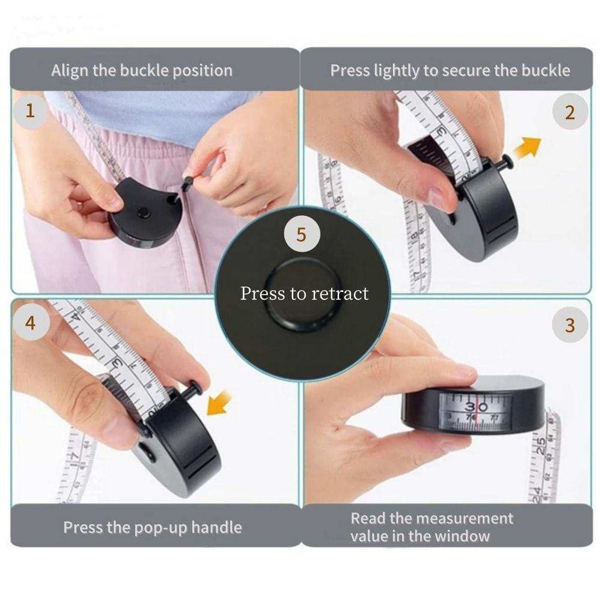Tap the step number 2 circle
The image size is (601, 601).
(569, 112)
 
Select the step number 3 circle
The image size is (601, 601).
(569, 325)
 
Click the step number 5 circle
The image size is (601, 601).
(301, 234)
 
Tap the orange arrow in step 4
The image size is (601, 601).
(219, 403)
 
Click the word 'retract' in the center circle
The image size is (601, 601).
(340, 294)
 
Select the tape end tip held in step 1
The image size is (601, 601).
(186, 181)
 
